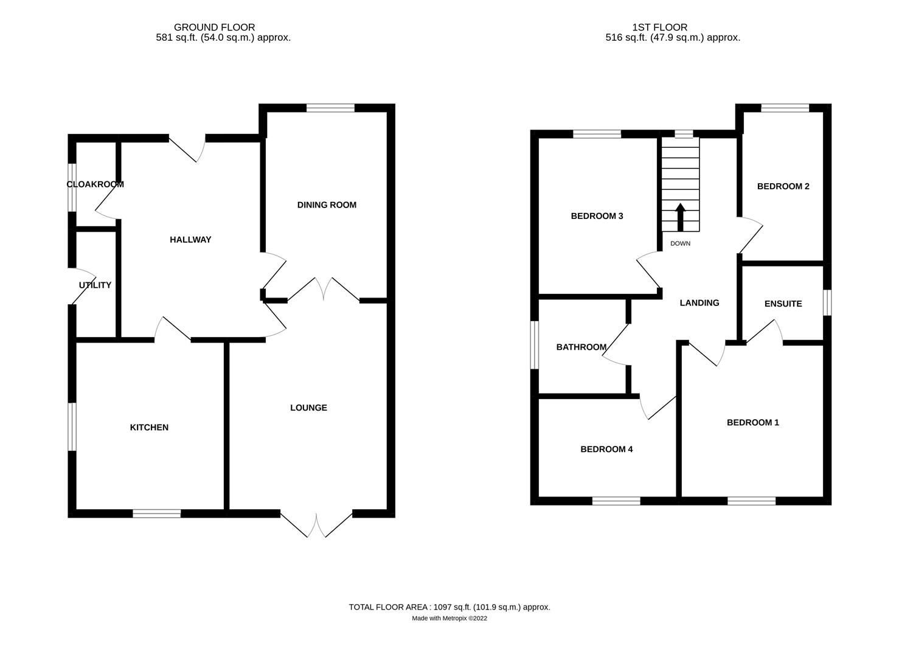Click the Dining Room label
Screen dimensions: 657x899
pos(327,205)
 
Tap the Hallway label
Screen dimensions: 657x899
pos(190,240)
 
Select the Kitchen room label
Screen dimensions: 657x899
pos(149,428)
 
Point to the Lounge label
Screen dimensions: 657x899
pos(308,408)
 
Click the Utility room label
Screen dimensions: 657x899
pos(95,285)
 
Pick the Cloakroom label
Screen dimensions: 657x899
pos(95,184)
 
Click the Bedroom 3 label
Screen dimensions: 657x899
pos(597,216)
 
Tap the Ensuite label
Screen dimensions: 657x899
pos(783,304)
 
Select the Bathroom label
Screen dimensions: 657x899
pos(581,347)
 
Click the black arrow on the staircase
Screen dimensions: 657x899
pos(680,217)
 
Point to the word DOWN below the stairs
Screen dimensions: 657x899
pos(680,243)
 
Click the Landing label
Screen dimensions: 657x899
pos(699,303)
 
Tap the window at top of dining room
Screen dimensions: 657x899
pos(330,108)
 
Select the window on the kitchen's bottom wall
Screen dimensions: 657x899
pos(156,513)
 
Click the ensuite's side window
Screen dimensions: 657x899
pos(827,302)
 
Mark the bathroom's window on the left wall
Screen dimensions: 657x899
pos(534,345)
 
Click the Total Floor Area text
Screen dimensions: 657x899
pos(449,607)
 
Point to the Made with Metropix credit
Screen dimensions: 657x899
pos(449,619)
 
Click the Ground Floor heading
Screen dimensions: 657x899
pos(214,27)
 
